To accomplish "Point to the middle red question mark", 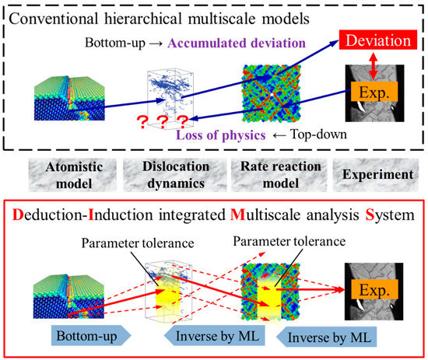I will click(161, 121).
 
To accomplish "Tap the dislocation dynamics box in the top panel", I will click(172, 96).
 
